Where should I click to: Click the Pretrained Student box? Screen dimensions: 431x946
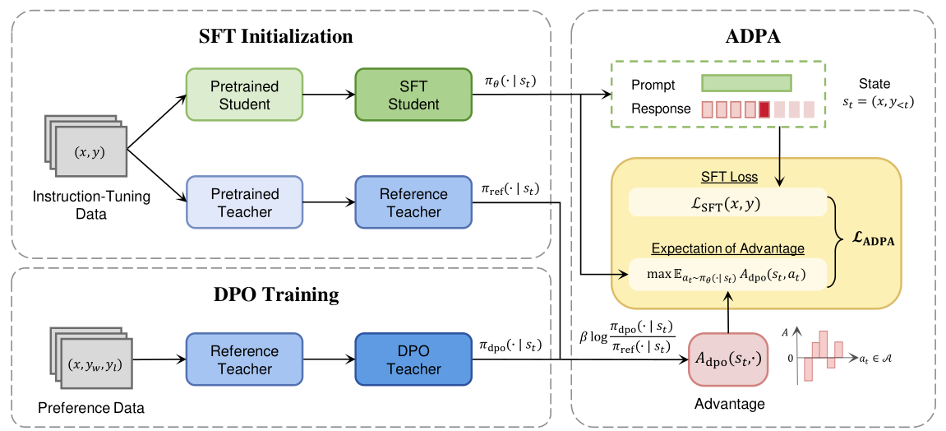pyautogui.click(x=244, y=95)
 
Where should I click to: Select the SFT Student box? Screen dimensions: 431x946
pyautogui.click(x=413, y=95)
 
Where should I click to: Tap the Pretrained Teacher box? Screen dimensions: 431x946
pyautogui.click(x=244, y=202)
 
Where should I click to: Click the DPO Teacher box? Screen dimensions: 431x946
pyautogui.click(x=413, y=360)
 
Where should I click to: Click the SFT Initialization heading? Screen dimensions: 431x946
pyautogui.click(x=276, y=36)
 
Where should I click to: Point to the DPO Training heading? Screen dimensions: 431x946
pyautogui.click(x=276, y=294)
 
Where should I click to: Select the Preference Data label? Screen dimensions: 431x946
pyautogui.click(x=91, y=407)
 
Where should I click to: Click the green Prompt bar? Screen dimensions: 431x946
pyautogui.click(x=745, y=84)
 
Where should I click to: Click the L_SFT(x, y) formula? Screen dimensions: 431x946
pyautogui.click(x=727, y=202)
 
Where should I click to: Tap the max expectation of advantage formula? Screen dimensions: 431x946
pyautogui.click(x=727, y=275)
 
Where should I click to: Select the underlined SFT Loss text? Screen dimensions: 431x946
pyautogui.click(x=727, y=178)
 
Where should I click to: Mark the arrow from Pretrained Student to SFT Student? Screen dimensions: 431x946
pyautogui.click(x=329, y=95)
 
